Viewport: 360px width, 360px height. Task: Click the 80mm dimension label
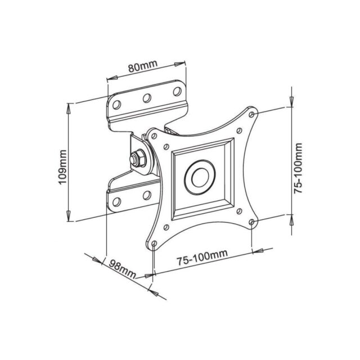[x=142, y=68]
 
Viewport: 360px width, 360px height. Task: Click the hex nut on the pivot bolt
[x=137, y=158]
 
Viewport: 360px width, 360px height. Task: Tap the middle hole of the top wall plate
[x=146, y=98]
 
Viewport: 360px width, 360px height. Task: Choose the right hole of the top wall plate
[x=175, y=91]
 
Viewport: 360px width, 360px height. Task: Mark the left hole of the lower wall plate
[x=117, y=201]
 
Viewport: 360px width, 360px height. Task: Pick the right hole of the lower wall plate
[x=146, y=195]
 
